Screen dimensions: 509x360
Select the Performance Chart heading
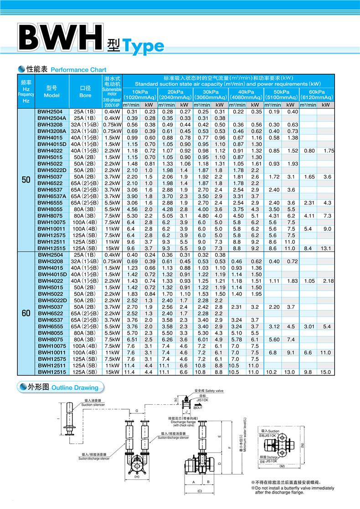pos(78,70)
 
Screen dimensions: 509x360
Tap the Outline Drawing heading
pos(75,387)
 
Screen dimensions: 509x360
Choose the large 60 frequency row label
pos(26,314)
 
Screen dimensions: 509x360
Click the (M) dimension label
pos(282,466)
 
